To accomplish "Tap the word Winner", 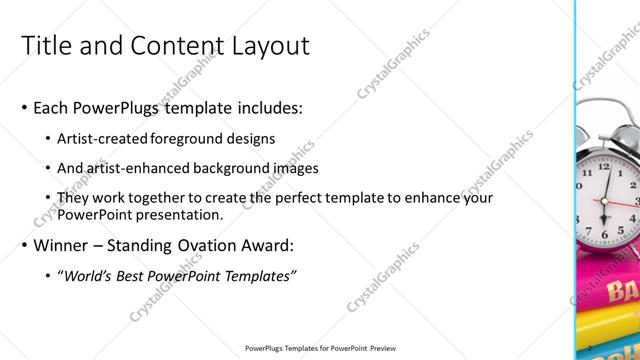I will click(61, 245).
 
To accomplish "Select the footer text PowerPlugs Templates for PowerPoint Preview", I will click(320, 348).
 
